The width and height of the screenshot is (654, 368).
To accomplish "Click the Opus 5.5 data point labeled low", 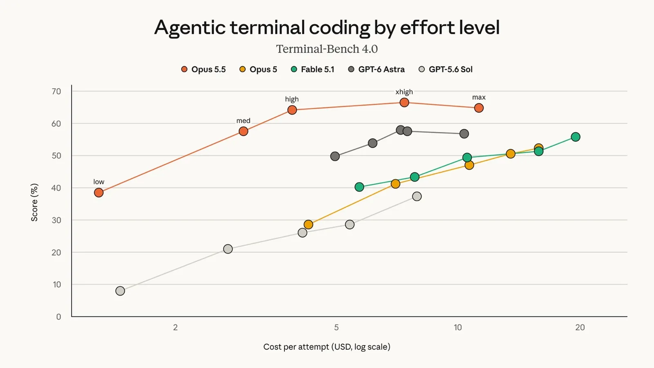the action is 99,193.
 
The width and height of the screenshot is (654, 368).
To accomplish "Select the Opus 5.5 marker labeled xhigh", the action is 404,103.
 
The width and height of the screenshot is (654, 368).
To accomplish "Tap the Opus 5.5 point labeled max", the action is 479,108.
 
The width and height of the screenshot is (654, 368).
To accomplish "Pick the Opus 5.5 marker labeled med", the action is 243,131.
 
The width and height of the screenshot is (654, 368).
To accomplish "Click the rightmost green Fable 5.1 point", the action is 576,137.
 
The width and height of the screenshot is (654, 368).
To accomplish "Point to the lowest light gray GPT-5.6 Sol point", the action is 120,291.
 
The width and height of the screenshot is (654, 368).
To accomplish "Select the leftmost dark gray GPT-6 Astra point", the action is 335,156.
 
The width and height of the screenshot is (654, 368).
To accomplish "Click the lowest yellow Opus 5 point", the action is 308,224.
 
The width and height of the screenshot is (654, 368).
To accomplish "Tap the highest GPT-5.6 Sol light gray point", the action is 417,196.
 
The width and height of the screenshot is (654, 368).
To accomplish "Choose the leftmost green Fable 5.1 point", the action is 359,187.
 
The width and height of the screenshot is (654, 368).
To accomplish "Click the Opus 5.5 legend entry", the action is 203,70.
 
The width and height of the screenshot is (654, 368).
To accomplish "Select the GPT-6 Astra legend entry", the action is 376,70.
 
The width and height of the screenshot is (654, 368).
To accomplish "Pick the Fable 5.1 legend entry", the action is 312,70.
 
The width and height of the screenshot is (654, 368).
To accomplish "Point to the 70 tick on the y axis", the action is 56,92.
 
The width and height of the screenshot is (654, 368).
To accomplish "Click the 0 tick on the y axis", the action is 59,317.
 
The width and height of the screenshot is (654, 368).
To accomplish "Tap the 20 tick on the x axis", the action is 580,328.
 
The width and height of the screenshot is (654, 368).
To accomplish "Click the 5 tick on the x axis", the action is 336,328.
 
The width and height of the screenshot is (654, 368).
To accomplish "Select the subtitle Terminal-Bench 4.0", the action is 327,49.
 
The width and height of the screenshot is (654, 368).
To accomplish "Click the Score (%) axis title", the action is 34,202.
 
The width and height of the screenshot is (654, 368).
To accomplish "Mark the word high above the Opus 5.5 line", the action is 292,99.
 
